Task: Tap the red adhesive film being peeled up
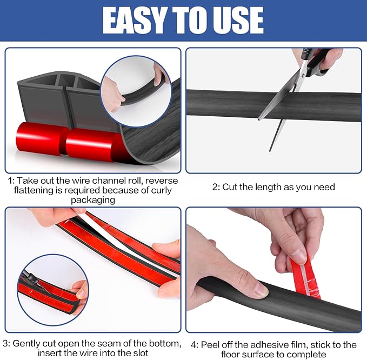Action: [305, 278]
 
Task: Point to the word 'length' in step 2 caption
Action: [269, 187]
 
